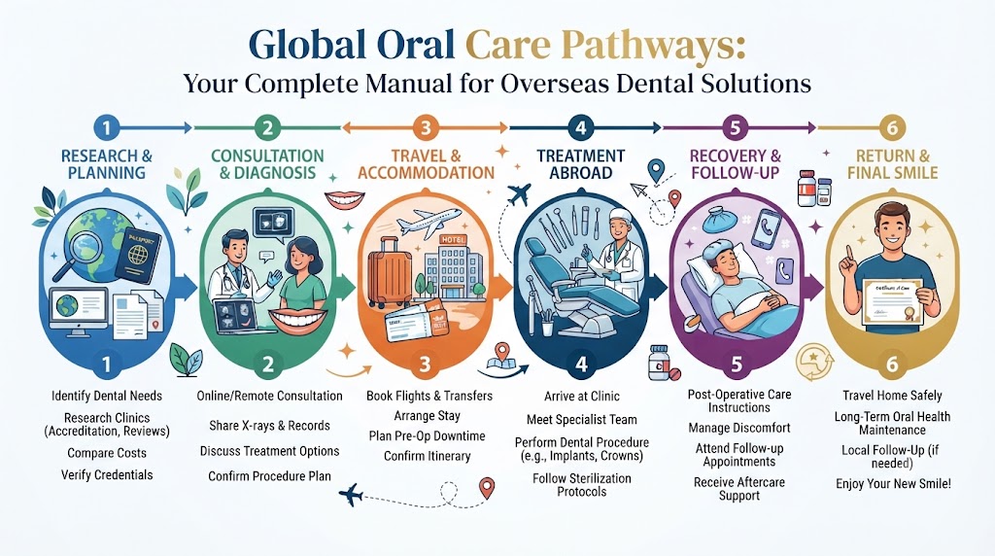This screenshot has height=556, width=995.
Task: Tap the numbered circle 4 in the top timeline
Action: [581, 127]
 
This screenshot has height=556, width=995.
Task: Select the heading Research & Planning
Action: [107, 164]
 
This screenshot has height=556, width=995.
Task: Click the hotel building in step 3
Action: [450, 266]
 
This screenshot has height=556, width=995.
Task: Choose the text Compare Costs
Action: [107, 453]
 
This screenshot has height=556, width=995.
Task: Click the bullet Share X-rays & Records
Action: [270, 426]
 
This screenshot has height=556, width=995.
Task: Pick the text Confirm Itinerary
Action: [428, 456]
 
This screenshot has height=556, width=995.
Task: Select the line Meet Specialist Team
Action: [582, 420]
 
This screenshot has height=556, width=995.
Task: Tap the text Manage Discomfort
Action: [739, 428]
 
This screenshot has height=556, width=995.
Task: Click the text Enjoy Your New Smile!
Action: [893, 484]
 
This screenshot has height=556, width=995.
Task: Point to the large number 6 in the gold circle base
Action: [892, 365]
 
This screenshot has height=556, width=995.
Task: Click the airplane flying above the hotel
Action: [429, 222]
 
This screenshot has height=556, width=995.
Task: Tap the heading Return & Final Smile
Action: [892, 164]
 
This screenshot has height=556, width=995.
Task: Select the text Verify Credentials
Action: [107, 475]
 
